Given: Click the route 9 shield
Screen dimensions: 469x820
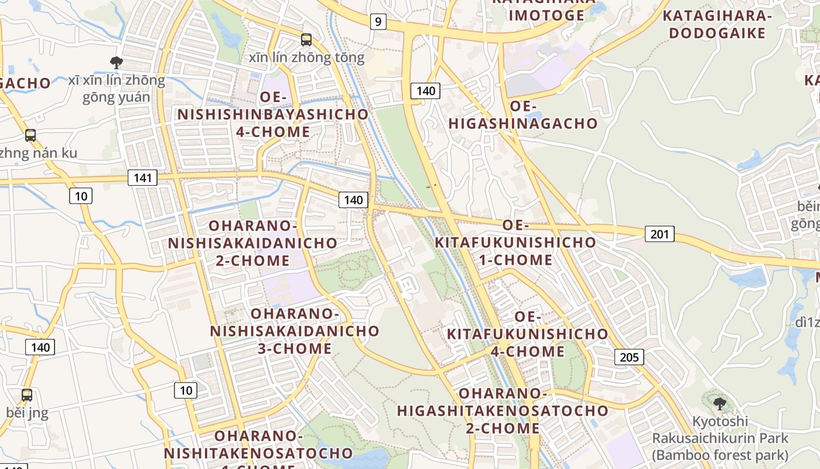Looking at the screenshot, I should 378,22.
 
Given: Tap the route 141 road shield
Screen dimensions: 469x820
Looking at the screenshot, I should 142,177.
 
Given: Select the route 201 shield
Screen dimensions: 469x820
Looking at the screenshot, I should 660,234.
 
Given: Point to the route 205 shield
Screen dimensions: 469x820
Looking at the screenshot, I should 629,356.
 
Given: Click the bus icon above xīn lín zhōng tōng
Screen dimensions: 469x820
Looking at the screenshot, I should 306,40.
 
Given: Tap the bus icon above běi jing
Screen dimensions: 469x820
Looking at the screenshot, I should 27,395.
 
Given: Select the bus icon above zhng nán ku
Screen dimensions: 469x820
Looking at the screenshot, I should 30,135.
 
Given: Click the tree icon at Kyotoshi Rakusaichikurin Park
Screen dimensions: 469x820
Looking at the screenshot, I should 720,403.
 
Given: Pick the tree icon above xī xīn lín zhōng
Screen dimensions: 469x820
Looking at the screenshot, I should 117,62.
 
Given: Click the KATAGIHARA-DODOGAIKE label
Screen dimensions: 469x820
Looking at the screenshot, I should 717,24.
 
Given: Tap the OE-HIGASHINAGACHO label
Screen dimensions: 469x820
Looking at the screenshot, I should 523,115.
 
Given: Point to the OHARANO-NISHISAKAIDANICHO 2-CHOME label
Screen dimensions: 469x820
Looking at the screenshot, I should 252,243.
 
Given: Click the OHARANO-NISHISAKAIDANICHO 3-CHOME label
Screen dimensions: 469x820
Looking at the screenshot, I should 295,331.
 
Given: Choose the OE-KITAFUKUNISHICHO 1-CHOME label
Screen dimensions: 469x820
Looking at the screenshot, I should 515,242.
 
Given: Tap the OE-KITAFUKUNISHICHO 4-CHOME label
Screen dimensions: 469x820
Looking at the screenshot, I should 528,334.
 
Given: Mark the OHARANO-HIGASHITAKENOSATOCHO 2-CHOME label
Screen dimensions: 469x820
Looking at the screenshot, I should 503,410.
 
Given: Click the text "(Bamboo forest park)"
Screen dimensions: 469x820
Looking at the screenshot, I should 721,455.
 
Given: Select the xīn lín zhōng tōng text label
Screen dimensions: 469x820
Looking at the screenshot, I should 306,57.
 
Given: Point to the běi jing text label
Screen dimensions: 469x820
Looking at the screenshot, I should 27,412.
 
